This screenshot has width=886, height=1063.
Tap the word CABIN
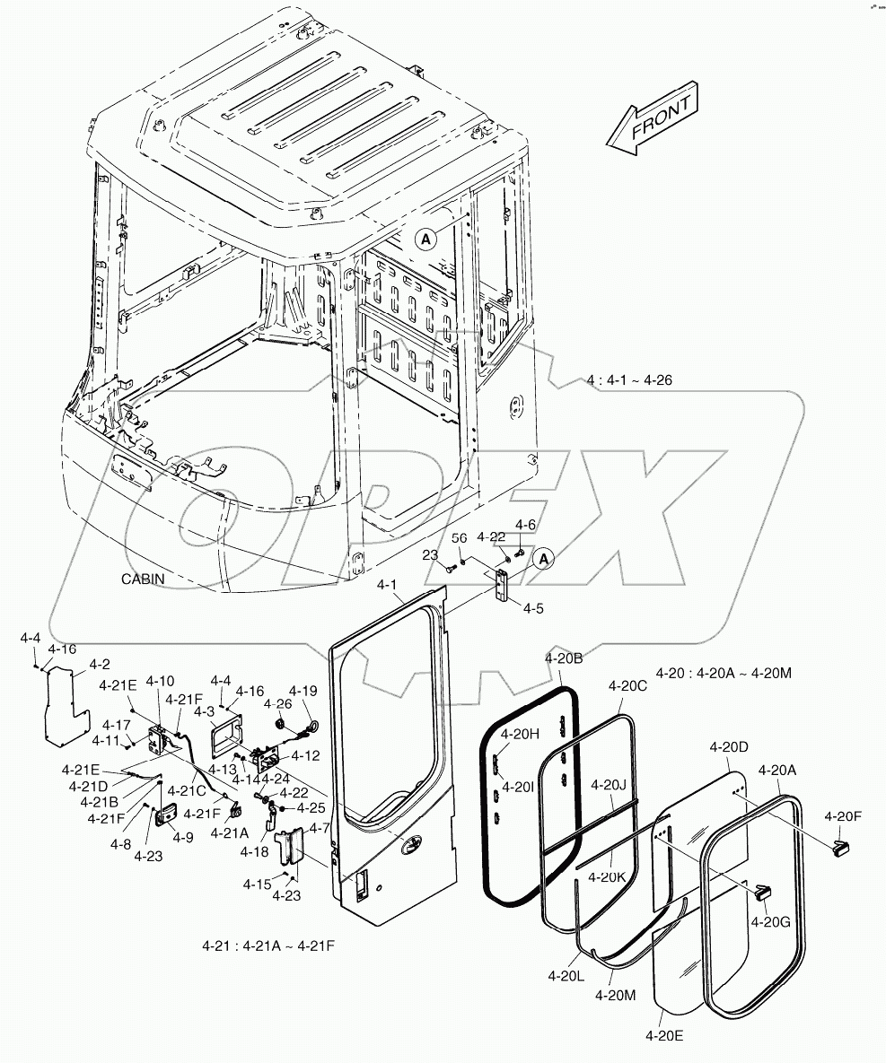(x=143, y=579)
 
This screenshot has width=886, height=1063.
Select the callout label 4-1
(x=387, y=585)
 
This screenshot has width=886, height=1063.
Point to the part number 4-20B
(x=564, y=658)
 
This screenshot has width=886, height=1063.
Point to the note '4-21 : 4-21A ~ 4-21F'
(x=270, y=945)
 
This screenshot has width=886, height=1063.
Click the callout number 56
(x=460, y=537)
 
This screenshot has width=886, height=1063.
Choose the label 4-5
(x=533, y=607)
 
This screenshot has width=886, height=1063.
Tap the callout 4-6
(x=525, y=524)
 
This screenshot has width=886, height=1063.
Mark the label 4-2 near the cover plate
(x=100, y=665)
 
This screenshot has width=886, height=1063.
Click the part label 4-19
(x=304, y=691)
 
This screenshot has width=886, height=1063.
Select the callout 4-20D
(x=729, y=746)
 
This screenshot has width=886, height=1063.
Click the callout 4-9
(x=183, y=837)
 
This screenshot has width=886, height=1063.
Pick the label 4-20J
(x=608, y=785)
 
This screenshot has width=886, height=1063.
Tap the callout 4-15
(x=256, y=884)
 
